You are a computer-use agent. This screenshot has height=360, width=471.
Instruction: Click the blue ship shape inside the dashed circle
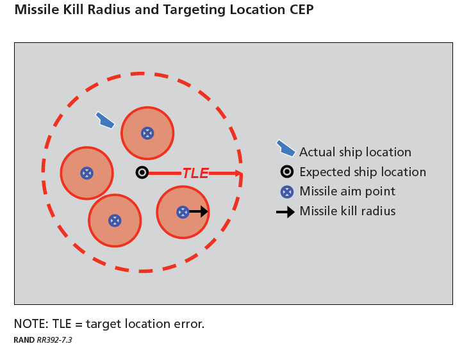(104, 120)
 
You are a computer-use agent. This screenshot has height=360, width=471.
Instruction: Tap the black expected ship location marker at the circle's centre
(142, 172)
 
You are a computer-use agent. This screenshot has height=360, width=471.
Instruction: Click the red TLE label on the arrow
(195, 173)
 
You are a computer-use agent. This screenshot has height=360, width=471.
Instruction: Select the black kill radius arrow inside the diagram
(199, 211)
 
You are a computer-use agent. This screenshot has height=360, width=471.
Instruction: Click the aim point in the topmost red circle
(147, 133)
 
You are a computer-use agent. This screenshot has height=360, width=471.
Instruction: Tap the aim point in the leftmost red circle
(87, 173)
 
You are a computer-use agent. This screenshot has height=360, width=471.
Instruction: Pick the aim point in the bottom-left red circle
(114, 220)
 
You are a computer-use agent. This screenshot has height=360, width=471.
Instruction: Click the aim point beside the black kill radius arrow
(183, 211)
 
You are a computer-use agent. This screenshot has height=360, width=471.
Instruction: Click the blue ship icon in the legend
(286, 148)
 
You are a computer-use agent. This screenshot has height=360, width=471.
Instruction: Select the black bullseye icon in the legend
(287, 172)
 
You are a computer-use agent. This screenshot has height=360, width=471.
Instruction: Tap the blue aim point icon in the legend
(287, 192)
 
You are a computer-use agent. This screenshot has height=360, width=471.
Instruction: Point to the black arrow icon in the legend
(286, 211)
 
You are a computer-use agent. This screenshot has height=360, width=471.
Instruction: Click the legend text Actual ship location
(355, 152)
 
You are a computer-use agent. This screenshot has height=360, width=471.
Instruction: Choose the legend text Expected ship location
(362, 172)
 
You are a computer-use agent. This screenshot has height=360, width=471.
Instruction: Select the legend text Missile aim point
(347, 192)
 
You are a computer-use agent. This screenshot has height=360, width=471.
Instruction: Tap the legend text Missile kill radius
(347, 211)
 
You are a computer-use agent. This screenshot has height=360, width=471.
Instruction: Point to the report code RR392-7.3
(54, 340)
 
